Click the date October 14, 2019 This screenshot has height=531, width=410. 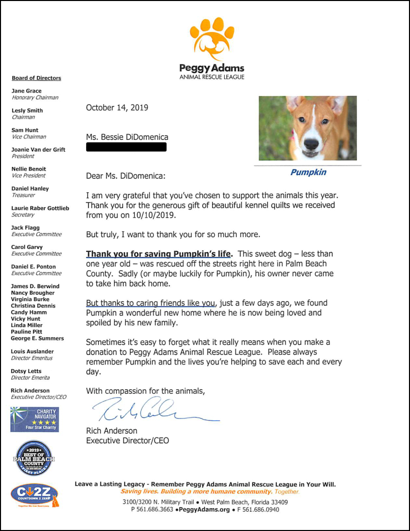click(117, 107)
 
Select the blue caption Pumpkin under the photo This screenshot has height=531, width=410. click(308, 172)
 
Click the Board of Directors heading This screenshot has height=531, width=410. click(36, 78)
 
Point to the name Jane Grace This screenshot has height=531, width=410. click(26, 91)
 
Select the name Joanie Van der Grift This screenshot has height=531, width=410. click(38, 150)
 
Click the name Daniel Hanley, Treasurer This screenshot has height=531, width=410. click(30, 189)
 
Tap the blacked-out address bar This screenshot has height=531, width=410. click(126, 147)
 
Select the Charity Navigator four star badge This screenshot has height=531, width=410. click(34, 419)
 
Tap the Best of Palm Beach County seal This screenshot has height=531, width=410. click(34, 458)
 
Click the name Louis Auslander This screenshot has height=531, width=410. click(32, 351)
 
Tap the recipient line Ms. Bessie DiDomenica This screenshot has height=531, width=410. click(127, 137)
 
